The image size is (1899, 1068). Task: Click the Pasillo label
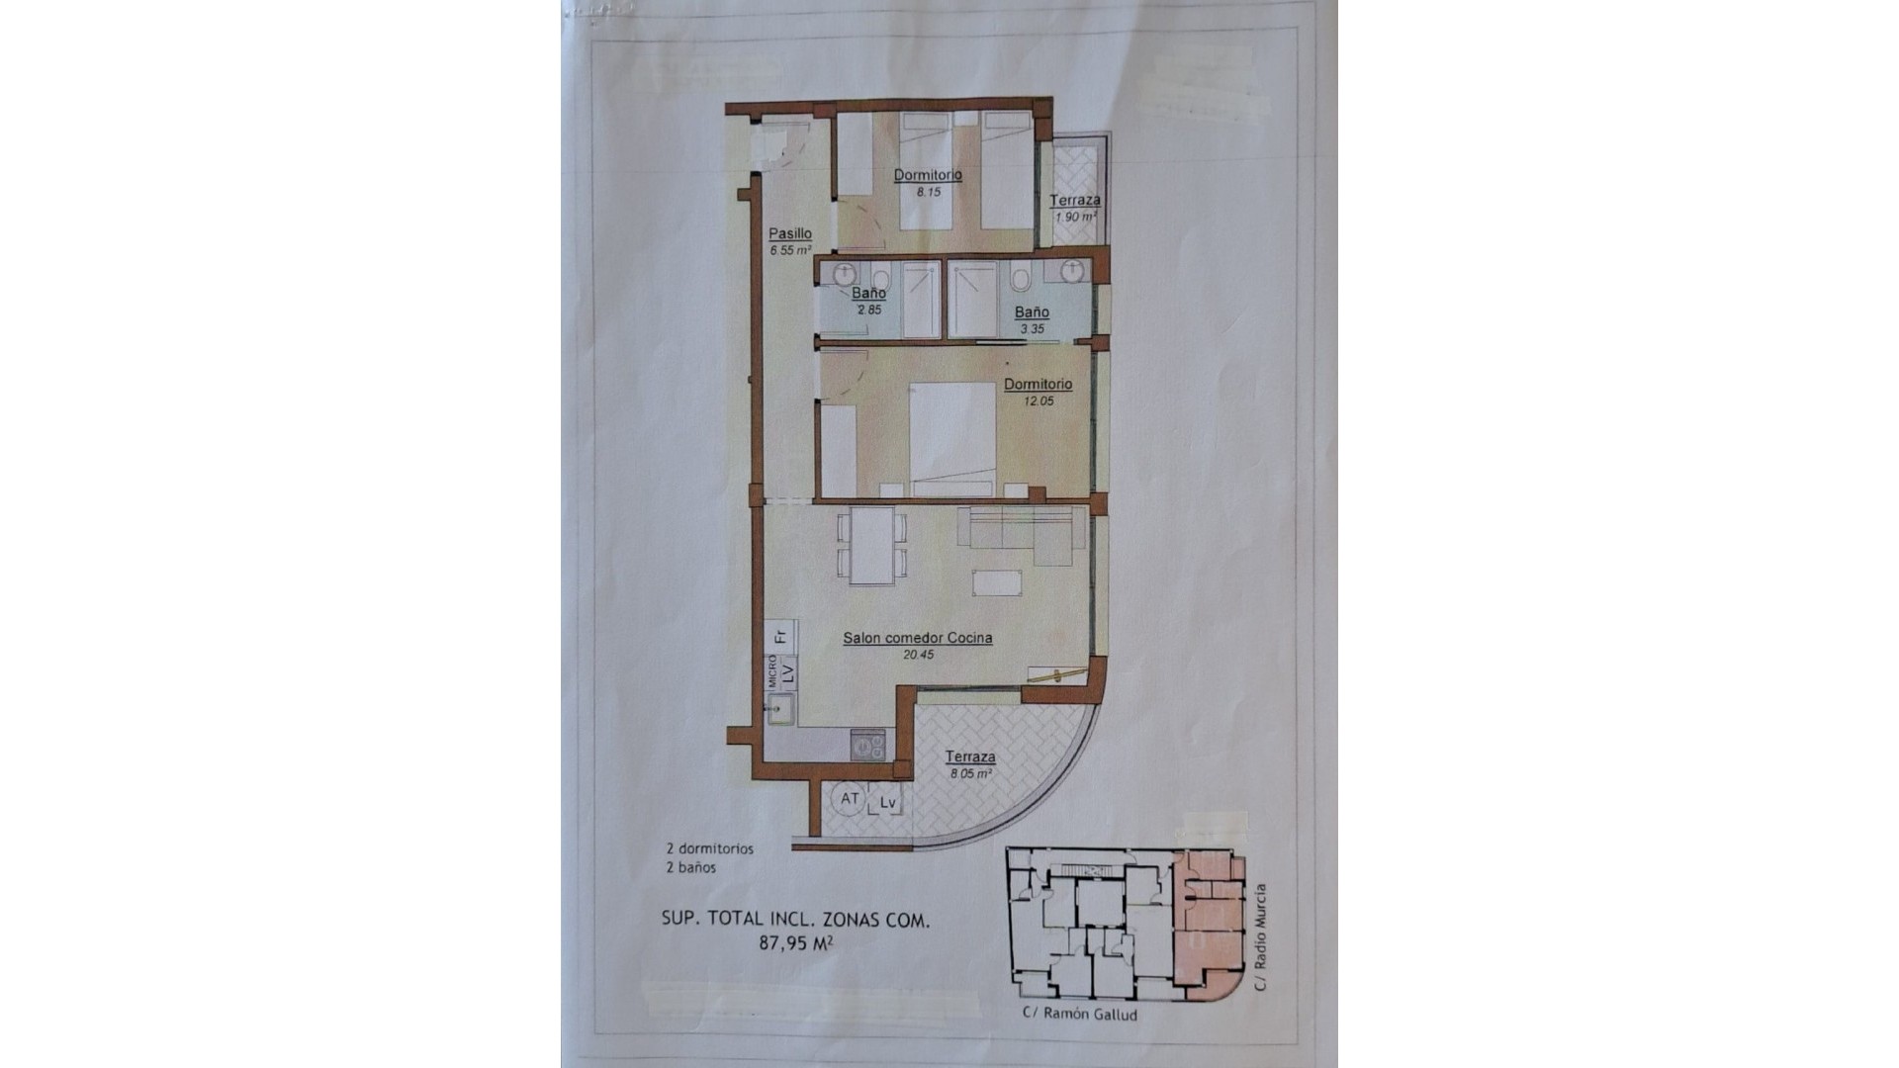click(790, 234)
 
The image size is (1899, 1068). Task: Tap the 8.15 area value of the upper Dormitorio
click(928, 193)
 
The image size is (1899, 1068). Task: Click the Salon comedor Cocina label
click(917, 639)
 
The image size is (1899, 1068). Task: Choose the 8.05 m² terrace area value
click(970, 774)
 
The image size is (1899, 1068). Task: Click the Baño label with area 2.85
click(869, 294)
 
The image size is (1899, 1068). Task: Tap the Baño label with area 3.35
click(1032, 312)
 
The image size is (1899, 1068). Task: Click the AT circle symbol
click(850, 799)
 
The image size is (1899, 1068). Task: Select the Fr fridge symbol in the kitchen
click(781, 634)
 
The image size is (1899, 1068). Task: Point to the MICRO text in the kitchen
click(772, 671)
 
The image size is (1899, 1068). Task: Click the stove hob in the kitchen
click(869, 745)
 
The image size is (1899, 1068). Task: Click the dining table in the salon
click(872, 546)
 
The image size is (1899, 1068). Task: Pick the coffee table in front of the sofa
click(997, 582)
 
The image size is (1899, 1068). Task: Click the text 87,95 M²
click(795, 942)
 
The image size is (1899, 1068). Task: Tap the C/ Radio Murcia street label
click(1259, 937)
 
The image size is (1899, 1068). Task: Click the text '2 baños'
click(691, 867)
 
